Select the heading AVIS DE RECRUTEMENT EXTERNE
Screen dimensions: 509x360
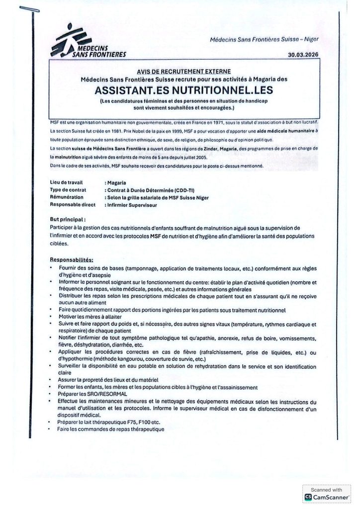click(x=184, y=71)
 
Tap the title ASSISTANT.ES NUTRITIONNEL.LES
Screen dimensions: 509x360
click(x=184, y=91)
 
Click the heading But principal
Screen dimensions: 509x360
click(x=68, y=219)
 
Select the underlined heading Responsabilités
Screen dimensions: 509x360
click(x=72, y=259)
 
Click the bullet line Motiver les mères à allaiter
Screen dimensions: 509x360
click(x=89, y=317)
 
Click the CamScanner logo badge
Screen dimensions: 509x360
click(x=326, y=497)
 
